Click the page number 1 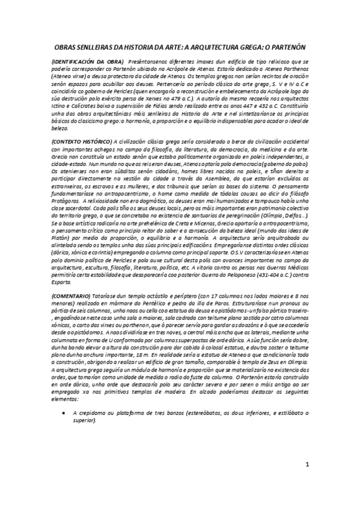tap(307, 481)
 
